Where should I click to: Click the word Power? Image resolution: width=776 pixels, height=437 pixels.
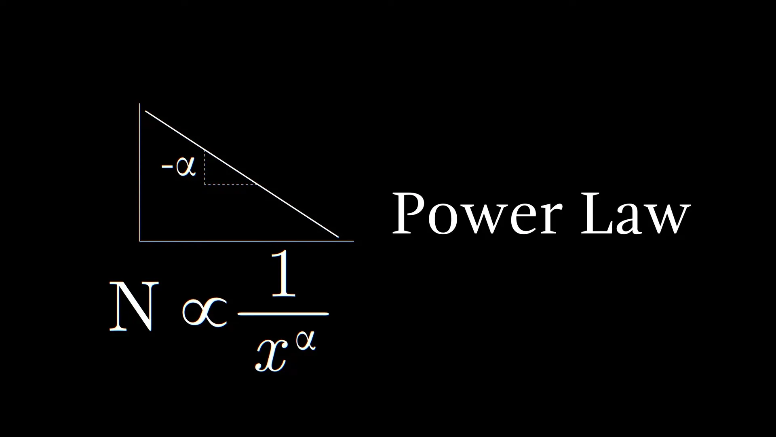click(477, 214)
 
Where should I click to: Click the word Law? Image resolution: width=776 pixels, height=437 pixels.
click(635, 214)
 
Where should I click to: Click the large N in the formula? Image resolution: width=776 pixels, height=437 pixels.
click(132, 307)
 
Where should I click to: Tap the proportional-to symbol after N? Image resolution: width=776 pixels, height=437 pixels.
click(204, 312)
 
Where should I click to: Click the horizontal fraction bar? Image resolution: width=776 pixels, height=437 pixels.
click(283, 314)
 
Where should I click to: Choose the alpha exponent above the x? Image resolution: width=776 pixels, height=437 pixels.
click(305, 342)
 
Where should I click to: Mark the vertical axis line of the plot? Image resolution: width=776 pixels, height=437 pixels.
click(140, 174)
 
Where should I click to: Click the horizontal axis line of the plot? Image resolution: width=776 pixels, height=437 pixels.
click(247, 241)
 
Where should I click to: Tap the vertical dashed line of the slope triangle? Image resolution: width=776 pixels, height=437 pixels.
click(205, 168)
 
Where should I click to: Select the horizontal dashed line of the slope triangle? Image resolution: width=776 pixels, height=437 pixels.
click(230, 185)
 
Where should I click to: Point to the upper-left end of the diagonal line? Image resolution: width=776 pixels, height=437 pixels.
click(146, 111)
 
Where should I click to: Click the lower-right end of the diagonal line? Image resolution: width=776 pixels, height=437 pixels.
click(338, 237)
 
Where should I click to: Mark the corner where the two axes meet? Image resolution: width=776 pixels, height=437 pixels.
click(140, 241)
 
